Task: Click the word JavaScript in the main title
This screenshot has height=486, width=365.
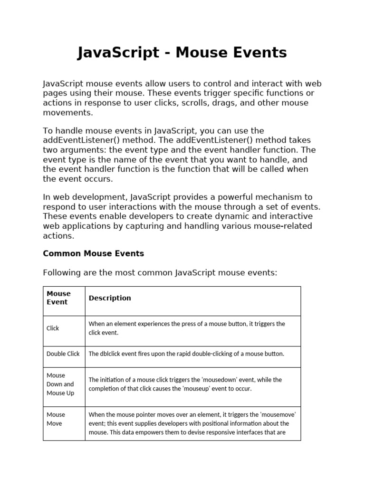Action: pos(118,53)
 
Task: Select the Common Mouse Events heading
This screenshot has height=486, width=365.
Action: pos(93,253)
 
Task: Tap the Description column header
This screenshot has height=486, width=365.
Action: pos(110,298)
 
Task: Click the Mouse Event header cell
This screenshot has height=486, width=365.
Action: pos(58,298)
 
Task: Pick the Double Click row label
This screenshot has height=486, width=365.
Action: pos(63,354)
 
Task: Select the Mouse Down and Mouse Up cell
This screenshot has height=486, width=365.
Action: pos(60,384)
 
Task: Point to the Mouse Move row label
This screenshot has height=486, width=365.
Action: pos(56,419)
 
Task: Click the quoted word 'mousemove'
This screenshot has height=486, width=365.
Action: pos(272,414)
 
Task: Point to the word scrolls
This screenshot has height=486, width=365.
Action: pos(192,103)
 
